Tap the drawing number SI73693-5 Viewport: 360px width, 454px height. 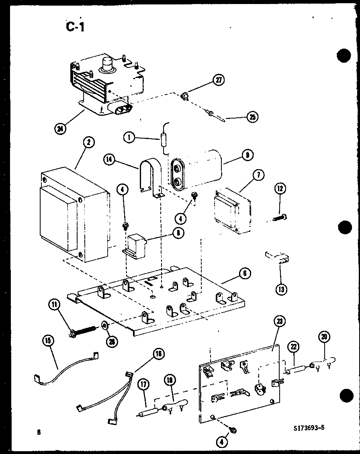click(x=308, y=428)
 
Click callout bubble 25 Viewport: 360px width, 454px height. click(x=252, y=117)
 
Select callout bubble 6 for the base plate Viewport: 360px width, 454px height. click(x=244, y=274)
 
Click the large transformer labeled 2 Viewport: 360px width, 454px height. click(x=74, y=213)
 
